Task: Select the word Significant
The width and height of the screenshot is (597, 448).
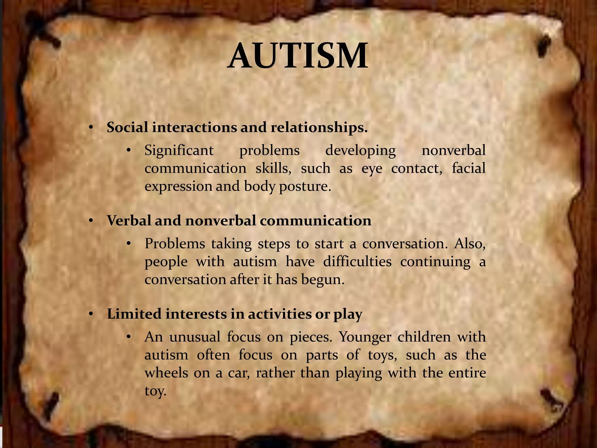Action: (179, 151)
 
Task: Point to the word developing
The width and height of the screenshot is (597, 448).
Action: (361, 151)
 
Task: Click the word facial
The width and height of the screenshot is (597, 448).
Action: (468, 168)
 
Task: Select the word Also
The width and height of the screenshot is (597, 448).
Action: (470, 244)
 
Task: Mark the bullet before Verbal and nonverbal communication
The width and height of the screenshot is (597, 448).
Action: (91, 221)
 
